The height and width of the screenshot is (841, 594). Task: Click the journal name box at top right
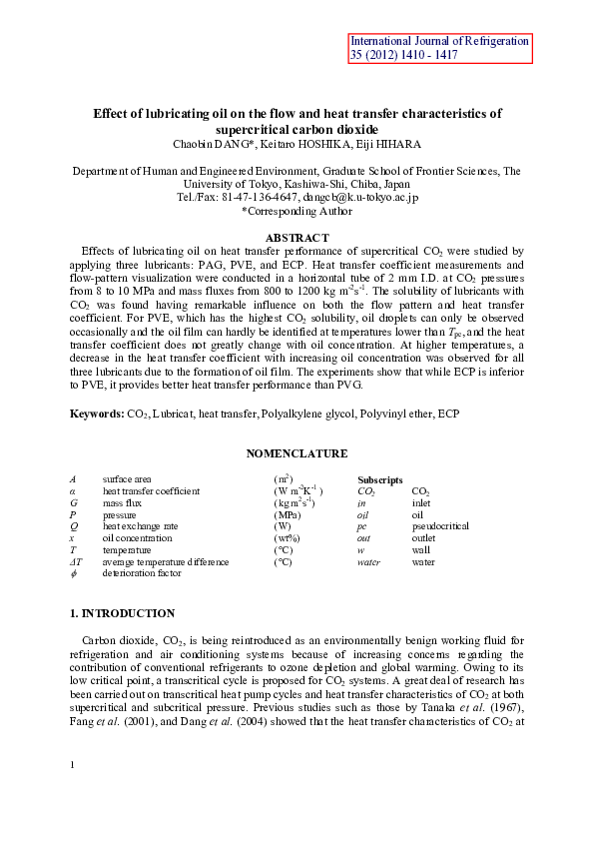tap(440, 48)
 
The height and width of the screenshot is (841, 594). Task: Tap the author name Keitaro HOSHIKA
tap(317, 144)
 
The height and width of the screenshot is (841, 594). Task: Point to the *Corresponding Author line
tap(297, 211)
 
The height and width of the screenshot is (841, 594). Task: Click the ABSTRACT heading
tap(297, 237)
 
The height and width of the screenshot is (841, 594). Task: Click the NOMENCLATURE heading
tap(297, 454)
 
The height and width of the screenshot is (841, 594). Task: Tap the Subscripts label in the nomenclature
tap(380, 479)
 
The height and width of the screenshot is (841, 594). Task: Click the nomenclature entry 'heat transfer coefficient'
tap(151, 491)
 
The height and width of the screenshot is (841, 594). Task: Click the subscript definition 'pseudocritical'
tap(440, 526)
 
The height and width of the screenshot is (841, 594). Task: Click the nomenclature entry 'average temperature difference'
tap(165, 562)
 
